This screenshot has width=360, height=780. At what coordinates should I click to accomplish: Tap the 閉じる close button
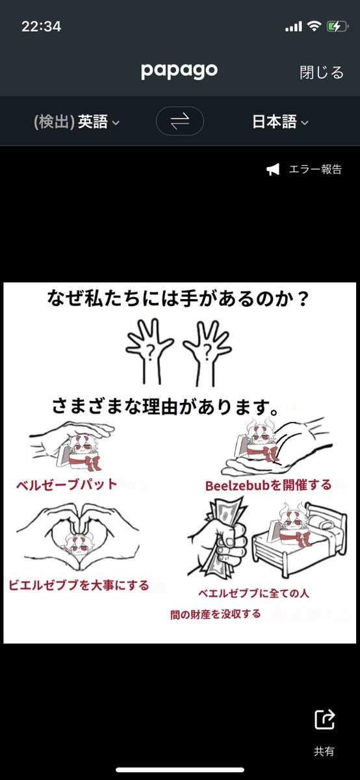[x=321, y=72]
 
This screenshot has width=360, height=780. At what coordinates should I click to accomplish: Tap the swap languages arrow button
[x=179, y=121]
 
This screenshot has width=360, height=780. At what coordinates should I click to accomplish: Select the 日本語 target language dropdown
[x=279, y=122]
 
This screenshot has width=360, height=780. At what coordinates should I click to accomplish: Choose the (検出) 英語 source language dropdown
[x=76, y=122]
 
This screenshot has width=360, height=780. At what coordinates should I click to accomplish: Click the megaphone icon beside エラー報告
[x=273, y=170]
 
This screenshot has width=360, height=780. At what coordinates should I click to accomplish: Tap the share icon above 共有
[x=324, y=720]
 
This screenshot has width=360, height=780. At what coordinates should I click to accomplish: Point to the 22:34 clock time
[x=41, y=27]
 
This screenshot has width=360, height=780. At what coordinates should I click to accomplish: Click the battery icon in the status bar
[x=337, y=27]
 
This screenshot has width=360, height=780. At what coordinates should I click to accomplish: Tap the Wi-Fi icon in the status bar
[x=314, y=27]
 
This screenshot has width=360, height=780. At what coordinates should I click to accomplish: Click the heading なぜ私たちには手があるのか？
[x=179, y=299]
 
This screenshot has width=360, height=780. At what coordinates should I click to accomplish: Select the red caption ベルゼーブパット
[x=68, y=484]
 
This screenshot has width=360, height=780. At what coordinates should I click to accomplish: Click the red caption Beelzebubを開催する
[x=268, y=485]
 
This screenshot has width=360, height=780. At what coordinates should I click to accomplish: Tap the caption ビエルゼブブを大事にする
[x=79, y=585]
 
